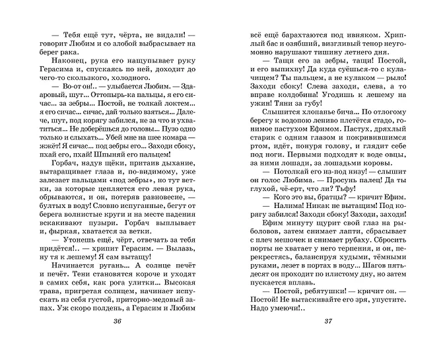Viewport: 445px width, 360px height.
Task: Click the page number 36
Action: pyautogui.click(x=118, y=340)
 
